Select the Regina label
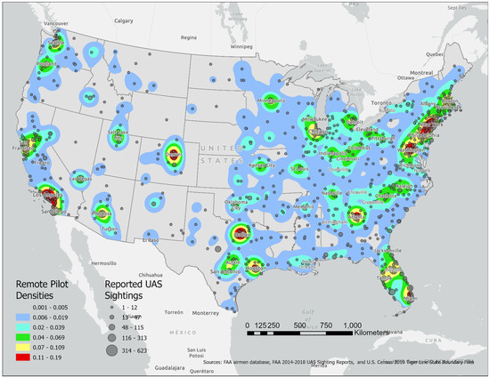pos(187,38)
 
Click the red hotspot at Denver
pos(173,154)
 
